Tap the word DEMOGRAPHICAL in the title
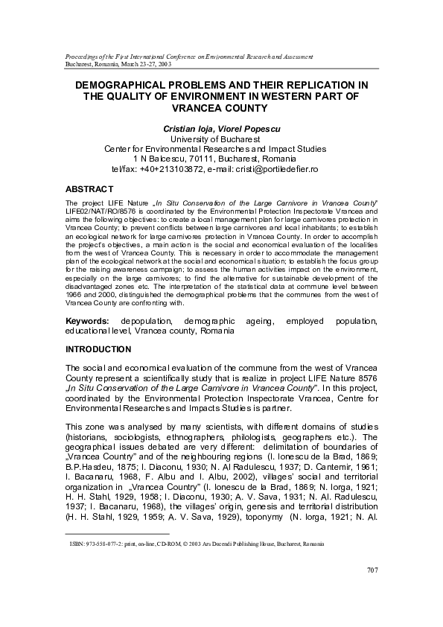[x=133, y=86]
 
